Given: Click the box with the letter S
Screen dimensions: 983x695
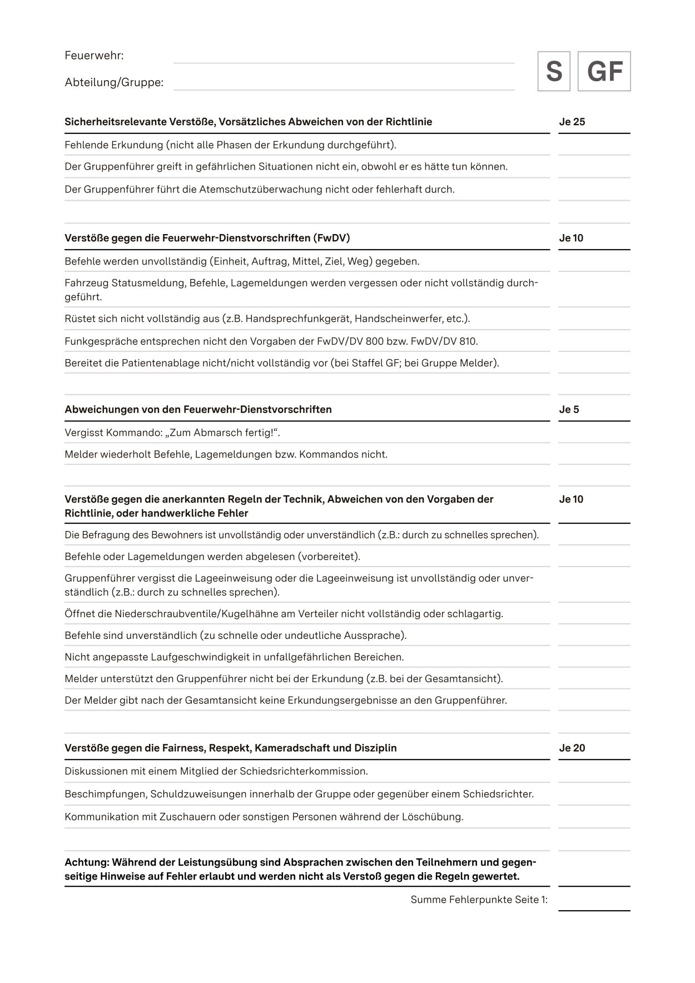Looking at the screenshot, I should pos(554,71).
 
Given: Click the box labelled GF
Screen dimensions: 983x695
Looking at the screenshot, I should pos(604,71).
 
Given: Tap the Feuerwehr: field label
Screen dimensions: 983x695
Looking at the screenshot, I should pos(94,56).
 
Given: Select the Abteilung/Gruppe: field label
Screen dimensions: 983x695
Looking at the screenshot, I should pos(114,83).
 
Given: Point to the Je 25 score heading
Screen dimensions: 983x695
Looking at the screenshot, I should pos(572,122).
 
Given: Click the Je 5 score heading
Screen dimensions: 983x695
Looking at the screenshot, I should pos(569,410).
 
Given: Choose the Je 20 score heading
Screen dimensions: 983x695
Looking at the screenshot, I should pos(572,748).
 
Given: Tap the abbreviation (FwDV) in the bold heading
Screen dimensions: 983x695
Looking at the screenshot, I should pos(331,238).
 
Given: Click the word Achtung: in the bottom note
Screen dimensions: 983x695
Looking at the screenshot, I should pos(87,862).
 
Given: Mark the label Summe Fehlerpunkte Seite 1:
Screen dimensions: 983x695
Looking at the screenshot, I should pos(479,899).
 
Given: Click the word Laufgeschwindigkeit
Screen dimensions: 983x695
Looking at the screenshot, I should pos(200,657).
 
